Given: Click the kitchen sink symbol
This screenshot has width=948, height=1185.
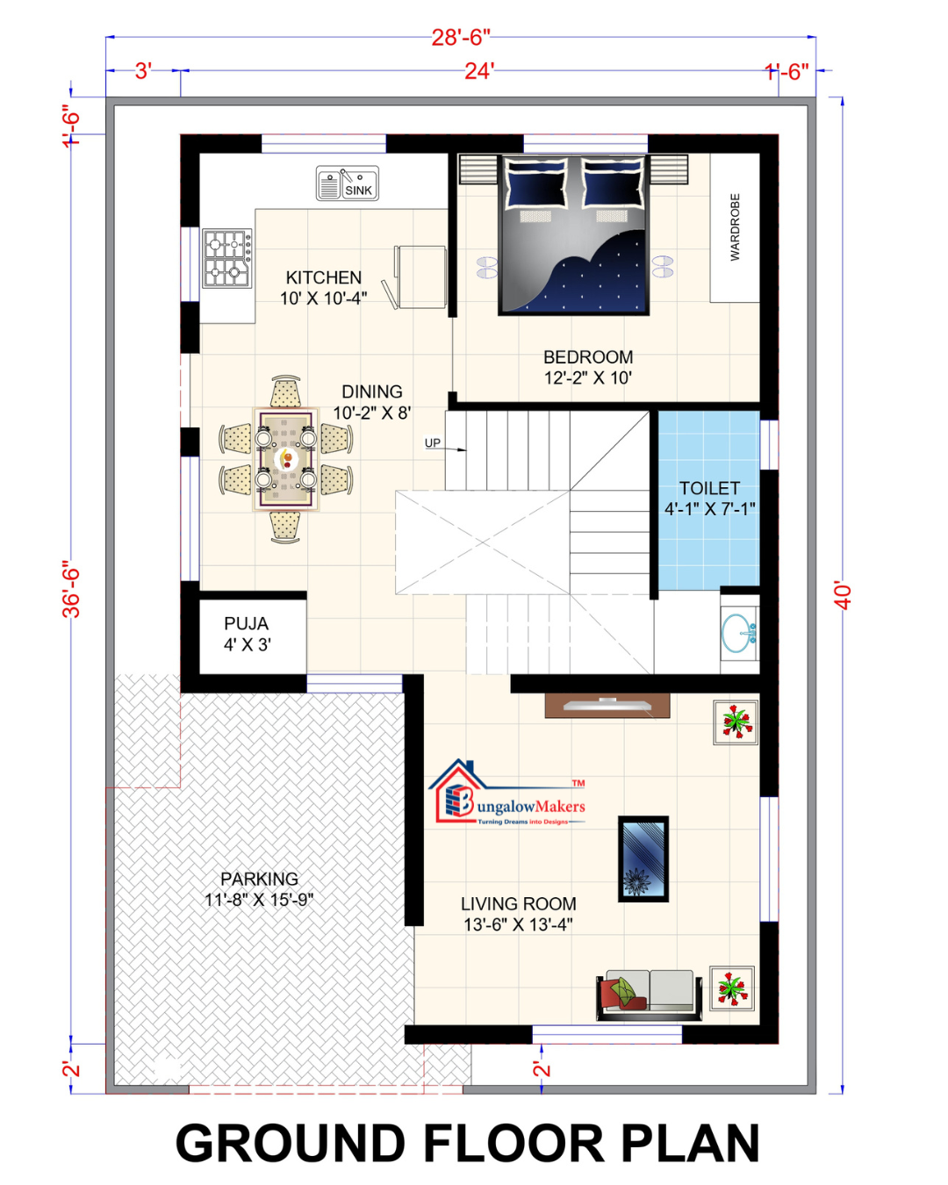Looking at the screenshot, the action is click(x=347, y=183).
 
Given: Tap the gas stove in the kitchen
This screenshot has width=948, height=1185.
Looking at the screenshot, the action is click(x=227, y=258).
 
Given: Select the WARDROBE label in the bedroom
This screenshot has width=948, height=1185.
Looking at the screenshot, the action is click(x=735, y=226).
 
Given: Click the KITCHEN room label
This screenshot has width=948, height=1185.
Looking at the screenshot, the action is click(x=323, y=277).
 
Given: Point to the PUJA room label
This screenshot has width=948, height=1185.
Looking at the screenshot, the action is click(x=247, y=623).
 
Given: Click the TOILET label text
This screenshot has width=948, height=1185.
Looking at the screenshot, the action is click(x=709, y=488).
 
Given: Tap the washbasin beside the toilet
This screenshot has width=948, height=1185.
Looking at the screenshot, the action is click(x=740, y=633).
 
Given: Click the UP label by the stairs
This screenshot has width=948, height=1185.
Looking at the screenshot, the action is click(x=433, y=442).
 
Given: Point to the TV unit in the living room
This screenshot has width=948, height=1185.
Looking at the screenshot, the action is click(x=607, y=706).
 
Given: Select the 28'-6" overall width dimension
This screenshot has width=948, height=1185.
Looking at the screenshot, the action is click(x=461, y=38).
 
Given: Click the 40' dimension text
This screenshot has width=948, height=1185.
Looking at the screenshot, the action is click(x=844, y=595).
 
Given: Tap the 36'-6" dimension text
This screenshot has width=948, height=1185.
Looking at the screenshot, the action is click(x=72, y=589).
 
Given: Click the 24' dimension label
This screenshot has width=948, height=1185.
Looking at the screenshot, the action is click(x=479, y=71).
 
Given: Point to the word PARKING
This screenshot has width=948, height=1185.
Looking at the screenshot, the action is click(x=260, y=879).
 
